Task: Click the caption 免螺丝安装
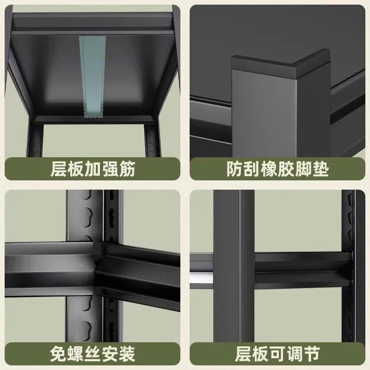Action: tap(92, 355)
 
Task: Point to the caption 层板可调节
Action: tap(277, 355)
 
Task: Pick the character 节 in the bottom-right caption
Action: tap(311, 355)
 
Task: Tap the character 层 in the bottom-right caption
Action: tap(244, 355)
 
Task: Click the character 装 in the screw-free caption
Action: tap(126, 355)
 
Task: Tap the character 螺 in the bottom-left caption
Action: tap(75, 355)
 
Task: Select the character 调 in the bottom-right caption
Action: tap(295, 355)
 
